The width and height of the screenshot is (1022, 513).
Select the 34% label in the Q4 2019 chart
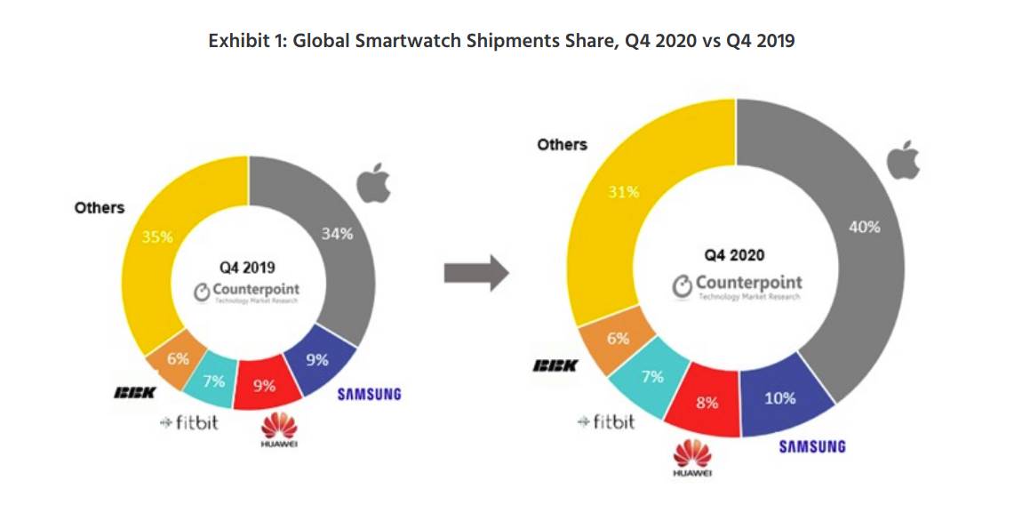[x=335, y=234]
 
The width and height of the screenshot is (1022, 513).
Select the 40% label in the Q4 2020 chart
[x=864, y=227]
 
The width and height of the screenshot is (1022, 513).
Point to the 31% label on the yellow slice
[x=622, y=190]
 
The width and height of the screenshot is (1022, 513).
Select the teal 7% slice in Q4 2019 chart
[x=213, y=380]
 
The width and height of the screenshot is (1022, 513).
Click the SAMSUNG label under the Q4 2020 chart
[x=812, y=446]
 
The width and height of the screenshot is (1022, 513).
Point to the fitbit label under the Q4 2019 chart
[x=190, y=421]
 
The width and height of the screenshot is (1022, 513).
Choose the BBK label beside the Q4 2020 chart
[x=555, y=365]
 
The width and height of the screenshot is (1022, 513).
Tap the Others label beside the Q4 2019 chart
[x=100, y=207]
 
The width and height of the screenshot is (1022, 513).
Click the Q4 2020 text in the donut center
[x=734, y=255]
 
